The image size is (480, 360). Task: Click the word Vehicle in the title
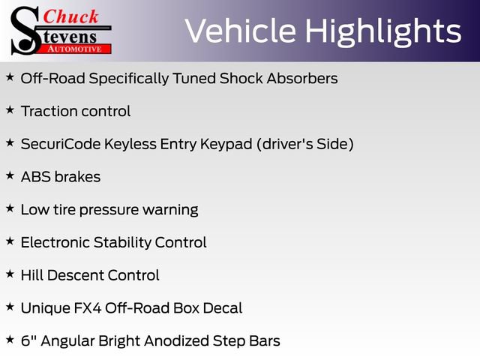240,30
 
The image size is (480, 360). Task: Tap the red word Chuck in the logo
70,16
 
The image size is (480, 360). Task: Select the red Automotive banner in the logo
76,49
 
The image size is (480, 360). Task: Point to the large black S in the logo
25,31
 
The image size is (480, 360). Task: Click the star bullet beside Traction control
10,109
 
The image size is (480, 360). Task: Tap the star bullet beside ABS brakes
10,175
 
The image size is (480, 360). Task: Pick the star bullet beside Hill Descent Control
10,274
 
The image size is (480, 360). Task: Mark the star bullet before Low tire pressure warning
10,208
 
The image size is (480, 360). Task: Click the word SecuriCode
61,144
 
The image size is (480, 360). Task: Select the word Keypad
226,145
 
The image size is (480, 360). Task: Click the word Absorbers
302,78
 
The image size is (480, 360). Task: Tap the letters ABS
36,177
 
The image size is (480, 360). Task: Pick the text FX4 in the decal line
88,308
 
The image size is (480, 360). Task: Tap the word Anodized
177,340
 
